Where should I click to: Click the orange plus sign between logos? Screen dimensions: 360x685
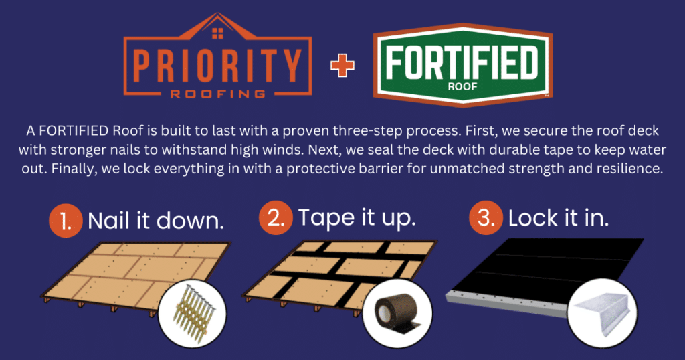coord(342,66)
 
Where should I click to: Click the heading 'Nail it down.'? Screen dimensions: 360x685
coord(157,221)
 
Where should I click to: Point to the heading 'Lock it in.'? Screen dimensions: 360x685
coord(559,218)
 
